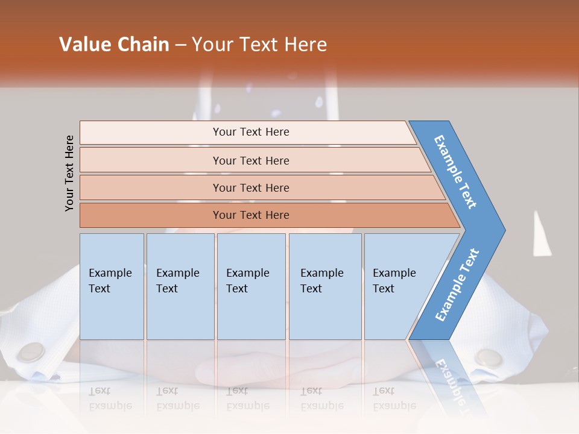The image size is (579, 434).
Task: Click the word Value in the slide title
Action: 83,45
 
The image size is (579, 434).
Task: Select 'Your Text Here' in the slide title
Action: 259,45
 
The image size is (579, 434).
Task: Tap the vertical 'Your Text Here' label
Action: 69,173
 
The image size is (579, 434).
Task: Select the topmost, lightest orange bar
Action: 251,132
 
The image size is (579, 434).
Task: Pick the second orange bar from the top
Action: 251,160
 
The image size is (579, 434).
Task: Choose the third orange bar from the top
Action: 251,187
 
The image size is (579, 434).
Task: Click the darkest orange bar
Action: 251,215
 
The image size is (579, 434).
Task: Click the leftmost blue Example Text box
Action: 112,286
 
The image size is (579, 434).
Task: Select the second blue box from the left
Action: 180,286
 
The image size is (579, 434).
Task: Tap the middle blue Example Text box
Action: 251,286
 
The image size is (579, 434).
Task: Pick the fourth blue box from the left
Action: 325,286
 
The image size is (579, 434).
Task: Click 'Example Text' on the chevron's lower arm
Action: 457,285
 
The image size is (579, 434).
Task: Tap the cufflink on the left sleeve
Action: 31,352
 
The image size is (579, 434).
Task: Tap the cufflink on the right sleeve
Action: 489,357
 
